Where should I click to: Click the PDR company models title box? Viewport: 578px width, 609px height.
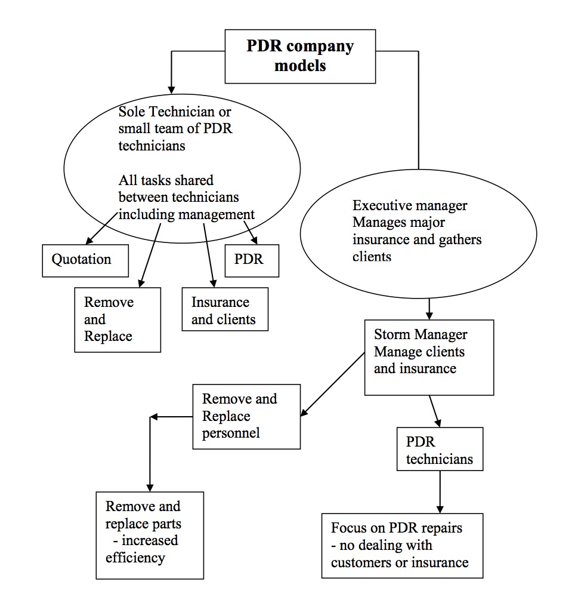point(300,56)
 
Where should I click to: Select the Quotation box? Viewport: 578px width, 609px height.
point(85,260)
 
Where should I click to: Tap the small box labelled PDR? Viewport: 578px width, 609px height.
point(252,260)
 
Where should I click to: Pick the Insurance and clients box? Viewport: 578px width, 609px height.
point(225,310)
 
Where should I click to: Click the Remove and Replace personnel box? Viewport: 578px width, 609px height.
point(246,416)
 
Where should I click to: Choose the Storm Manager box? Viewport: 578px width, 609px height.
point(429,357)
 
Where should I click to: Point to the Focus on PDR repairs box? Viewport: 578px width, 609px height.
point(402,545)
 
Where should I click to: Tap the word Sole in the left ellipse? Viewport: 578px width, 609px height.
point(131,112)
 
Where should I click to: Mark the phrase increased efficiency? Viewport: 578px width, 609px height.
point(142,549)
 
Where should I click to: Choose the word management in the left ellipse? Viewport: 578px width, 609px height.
point(220,214)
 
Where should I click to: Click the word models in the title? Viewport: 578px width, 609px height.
point(300,65)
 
